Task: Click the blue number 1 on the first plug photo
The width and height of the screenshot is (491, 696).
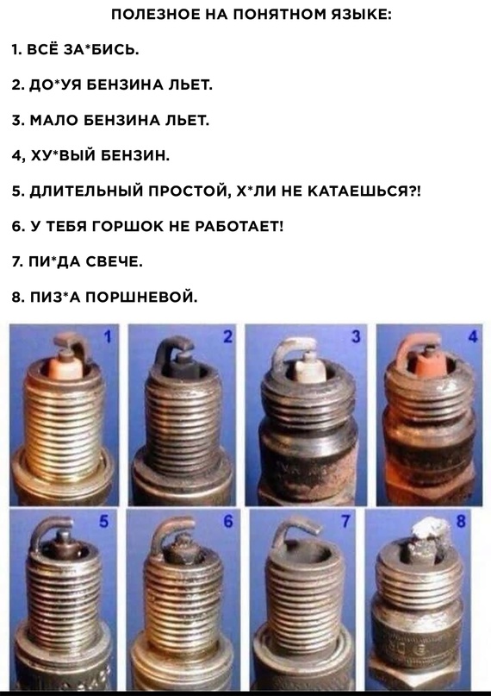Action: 107,337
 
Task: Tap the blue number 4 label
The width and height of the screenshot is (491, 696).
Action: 473,337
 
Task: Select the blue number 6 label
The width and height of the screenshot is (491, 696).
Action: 227,521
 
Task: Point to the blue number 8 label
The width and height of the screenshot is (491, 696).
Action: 461,521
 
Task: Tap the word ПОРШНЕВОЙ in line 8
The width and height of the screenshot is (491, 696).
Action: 141,297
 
